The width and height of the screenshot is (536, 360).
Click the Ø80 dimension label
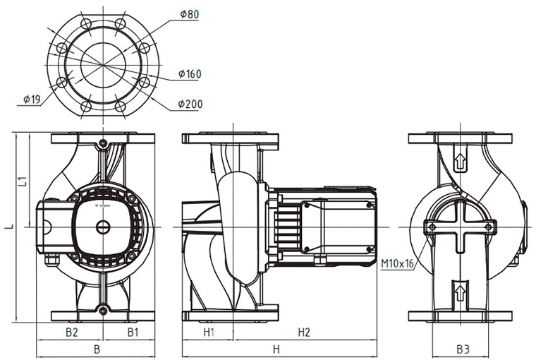click(189, 13)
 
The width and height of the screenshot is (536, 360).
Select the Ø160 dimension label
click(190, 73)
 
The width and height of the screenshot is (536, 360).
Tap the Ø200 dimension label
click(190, 104)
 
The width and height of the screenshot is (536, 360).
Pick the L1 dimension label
click(23, 181)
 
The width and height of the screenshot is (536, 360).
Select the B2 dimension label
click(71, 331)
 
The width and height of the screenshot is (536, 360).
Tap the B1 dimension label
click(133, 331)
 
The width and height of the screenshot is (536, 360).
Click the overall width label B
click(97, 349)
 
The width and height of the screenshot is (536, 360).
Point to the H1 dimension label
click(209, 331)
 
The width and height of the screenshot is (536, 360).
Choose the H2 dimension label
click(304, 331)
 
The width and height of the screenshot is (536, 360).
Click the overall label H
click(276, 349)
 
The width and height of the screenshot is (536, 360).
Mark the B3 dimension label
click(462, 349)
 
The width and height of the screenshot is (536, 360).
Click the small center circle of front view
click(103, 227)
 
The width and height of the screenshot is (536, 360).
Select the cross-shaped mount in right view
click(460, 227)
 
